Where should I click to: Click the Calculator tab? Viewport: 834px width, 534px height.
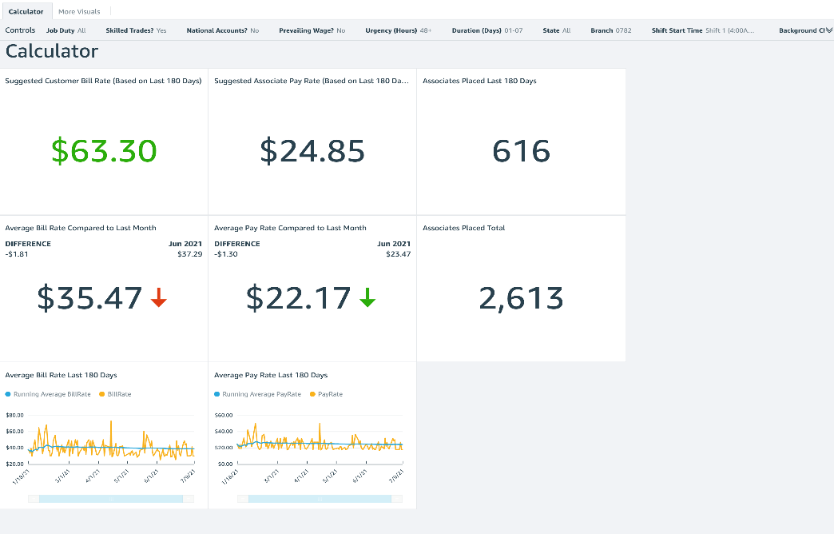point(26,11)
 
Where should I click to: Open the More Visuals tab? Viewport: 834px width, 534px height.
point(80,11)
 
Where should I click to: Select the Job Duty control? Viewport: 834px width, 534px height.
point(66,30)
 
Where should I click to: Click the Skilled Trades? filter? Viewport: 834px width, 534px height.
point(136,30)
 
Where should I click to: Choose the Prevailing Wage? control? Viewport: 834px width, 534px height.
point(312,30)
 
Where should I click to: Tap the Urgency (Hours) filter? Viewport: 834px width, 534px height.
point(398,30)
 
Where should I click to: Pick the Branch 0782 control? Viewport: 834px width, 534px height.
point(610,30)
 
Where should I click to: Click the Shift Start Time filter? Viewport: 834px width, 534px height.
point(702,30)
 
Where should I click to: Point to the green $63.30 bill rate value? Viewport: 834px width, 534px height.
point(104,151)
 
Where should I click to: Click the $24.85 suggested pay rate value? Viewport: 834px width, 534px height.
point(312,151)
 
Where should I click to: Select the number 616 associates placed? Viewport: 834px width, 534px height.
point(521,151)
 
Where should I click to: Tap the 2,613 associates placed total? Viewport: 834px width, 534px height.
point(521,298)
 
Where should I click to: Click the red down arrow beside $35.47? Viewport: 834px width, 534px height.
point(159,298)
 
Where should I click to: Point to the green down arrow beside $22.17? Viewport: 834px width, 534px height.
point(367,298)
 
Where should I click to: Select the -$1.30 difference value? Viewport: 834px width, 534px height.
point(225,254)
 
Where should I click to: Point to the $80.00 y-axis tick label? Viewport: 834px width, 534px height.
point(14,416)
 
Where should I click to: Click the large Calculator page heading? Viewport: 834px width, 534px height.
point(52,52)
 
